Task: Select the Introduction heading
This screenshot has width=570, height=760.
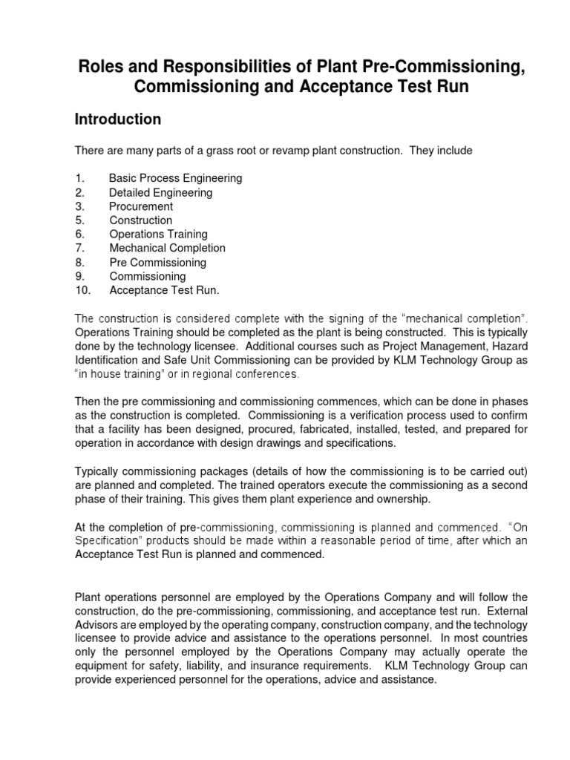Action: click(118, 119)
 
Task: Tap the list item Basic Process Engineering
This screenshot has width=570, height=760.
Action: click(176, 178)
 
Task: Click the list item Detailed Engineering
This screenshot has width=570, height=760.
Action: click(161, 192)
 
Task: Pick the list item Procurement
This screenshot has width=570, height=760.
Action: click(141, 206)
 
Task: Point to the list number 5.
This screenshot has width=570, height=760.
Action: click(80, 220)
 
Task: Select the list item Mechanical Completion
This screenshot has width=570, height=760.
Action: click(168, 248)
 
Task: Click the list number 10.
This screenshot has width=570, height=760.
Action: click(82, 290)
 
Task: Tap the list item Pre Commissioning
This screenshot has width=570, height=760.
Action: click(158, 262)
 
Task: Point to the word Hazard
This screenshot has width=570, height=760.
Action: click(509, 347)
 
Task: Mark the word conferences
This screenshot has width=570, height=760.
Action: click(242, 374)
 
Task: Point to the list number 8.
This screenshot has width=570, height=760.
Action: click(80, 262)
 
